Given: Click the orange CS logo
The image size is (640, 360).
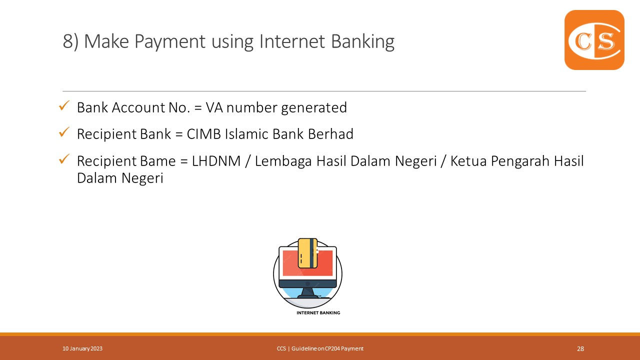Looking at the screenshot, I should pos(594,40).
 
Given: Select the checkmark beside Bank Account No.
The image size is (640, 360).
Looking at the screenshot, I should pos(64,105).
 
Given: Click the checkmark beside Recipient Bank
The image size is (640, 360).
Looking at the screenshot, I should pos(64,132).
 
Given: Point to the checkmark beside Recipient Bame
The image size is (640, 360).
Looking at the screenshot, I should pos(64,159).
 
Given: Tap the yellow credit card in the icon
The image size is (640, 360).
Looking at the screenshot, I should pos(307,252).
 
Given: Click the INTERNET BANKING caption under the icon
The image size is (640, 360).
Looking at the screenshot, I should pos(318,312).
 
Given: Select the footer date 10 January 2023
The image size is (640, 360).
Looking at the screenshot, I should pos(82,348).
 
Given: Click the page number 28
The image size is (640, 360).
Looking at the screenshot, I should pos(580,349).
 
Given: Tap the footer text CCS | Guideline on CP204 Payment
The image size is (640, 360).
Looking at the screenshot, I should pos(320,348).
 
